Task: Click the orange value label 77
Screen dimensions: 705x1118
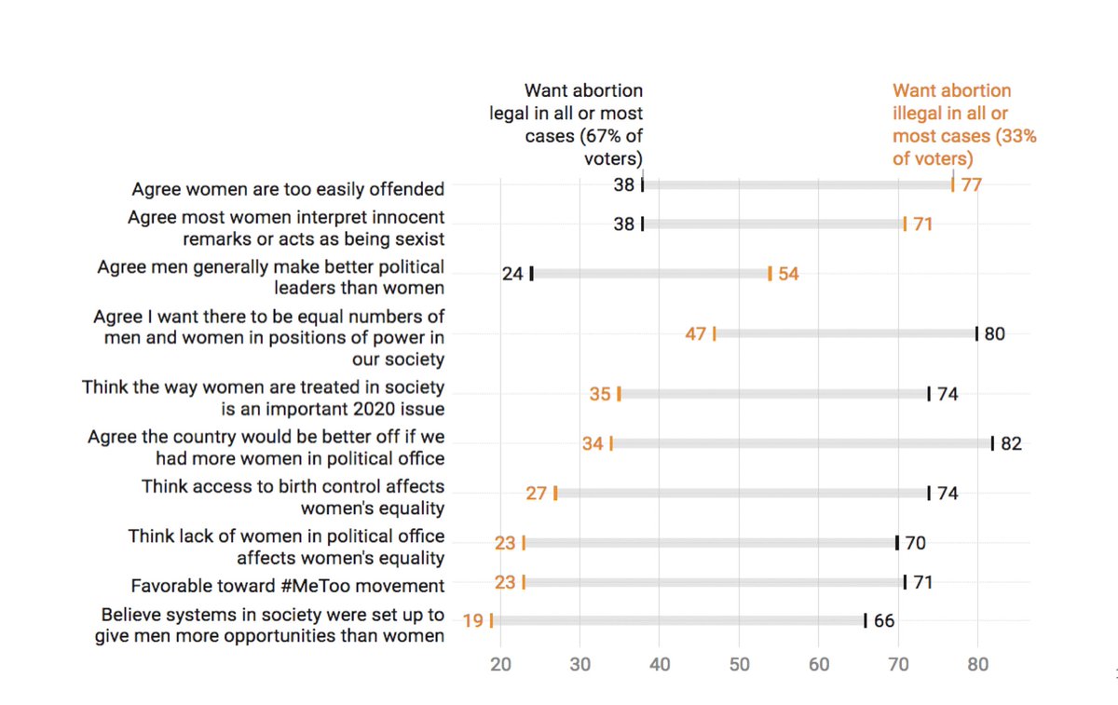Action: pyautogui.click(x=972, y=184)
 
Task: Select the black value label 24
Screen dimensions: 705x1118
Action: pyautogui.click(x=512, y=274)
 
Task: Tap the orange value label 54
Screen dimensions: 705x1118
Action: pyautogui.click(x=788, y=274)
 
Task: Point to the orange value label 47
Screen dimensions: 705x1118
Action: pyautogui.click(x=696, y=333)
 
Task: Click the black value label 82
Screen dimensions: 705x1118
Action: pyautogui.click(x=1011, y=443)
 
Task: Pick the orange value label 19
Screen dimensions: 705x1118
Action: pyautogui.click(x=472, y=620)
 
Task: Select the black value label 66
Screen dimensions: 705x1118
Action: pyautogui.click(x=884, y=620)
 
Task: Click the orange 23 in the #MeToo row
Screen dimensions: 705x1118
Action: pyautogui.click(x=505, y=583)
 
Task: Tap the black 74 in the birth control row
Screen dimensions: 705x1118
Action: pyautogui.click(x=948, y=494)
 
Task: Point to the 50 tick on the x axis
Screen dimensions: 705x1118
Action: pyautogui.click(x=739, y=665)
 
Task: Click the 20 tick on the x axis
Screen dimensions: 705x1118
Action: pyautogui.click(x=500, y=665)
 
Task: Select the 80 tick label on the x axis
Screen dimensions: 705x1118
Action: pyautogui.click(x=977, y=665)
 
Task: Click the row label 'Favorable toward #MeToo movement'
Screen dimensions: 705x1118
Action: pyautogui.click(x=287, y=586)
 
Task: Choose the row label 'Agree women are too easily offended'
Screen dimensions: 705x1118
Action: pyautogui.click(x=288, y=189)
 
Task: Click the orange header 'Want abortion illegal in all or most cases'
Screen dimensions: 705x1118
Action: pyautogui.click(x=964, y=124)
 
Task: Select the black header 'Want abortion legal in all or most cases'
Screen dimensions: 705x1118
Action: pyautogui.click(x=566, y=124)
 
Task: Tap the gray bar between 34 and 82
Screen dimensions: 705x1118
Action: pyautogui.click(x=801, y=443)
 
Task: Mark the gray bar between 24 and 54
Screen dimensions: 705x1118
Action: pyautogui.click(x=650, y=274)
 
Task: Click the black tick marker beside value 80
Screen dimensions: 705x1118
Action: pyautogui.click(x=976, y=333)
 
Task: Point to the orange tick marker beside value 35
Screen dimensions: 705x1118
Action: pyautogui.click(x=619, y=394)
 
